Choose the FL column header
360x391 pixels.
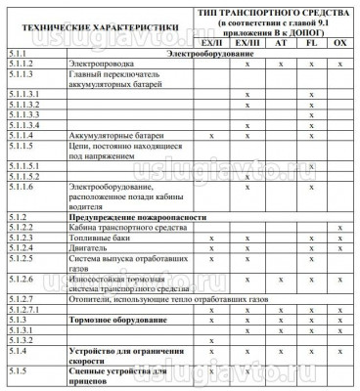pos(310,45)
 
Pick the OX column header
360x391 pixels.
pos(339,45)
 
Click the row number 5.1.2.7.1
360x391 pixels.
pos(23,309)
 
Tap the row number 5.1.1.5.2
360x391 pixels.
pos(23,176)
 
